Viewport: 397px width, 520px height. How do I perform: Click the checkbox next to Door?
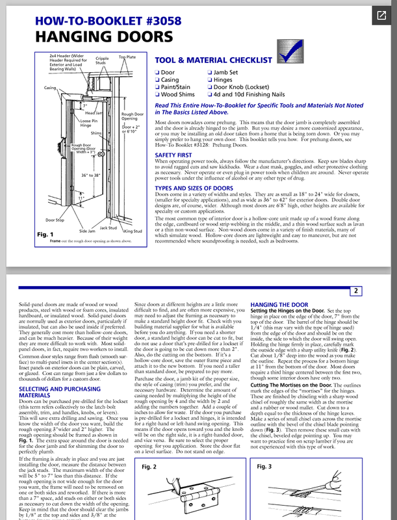(157, 72)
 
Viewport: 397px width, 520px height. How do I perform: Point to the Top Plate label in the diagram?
(127, 57)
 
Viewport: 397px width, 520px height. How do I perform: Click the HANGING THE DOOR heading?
(279, 304)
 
